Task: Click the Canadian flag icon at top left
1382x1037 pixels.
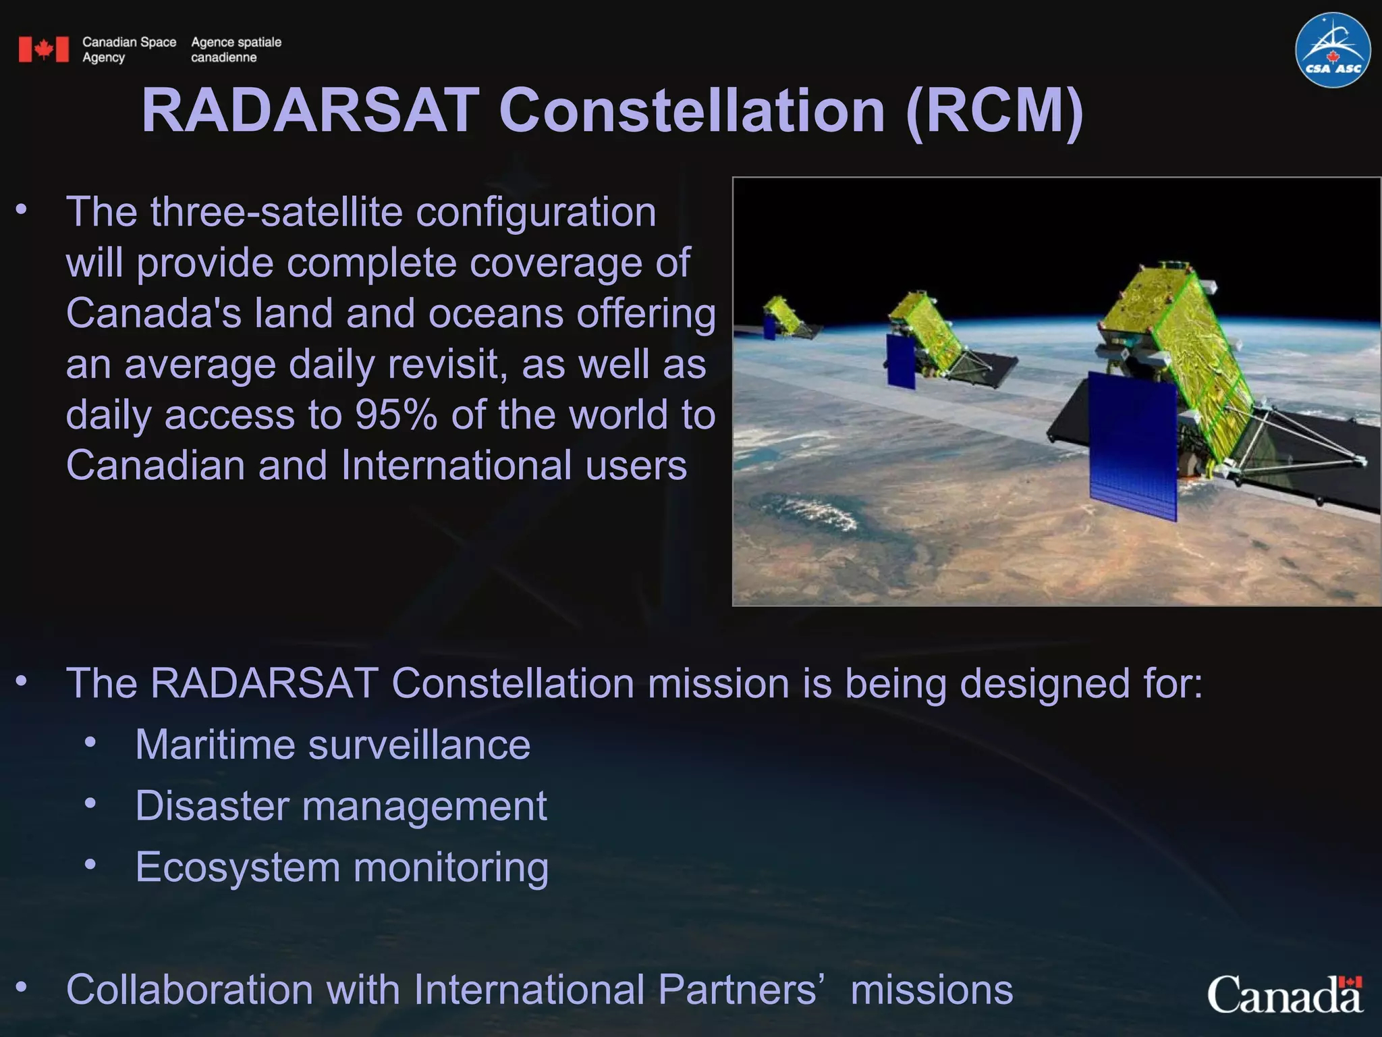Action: [44, 49]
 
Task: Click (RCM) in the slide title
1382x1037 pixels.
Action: [995, 111]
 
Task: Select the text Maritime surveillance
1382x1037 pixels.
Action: [333, 745]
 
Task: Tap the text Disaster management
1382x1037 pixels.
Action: [341, 805]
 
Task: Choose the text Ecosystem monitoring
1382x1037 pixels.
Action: [341, 867]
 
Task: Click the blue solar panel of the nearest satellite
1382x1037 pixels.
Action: [1134, 448]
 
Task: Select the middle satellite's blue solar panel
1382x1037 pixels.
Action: [901, 361]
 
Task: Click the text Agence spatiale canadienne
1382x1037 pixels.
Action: [236, 49]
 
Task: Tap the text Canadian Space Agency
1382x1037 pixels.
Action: [128, 49]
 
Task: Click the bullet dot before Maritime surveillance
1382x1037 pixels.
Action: [90, 743]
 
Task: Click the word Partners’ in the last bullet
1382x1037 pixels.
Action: [741, 990]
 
